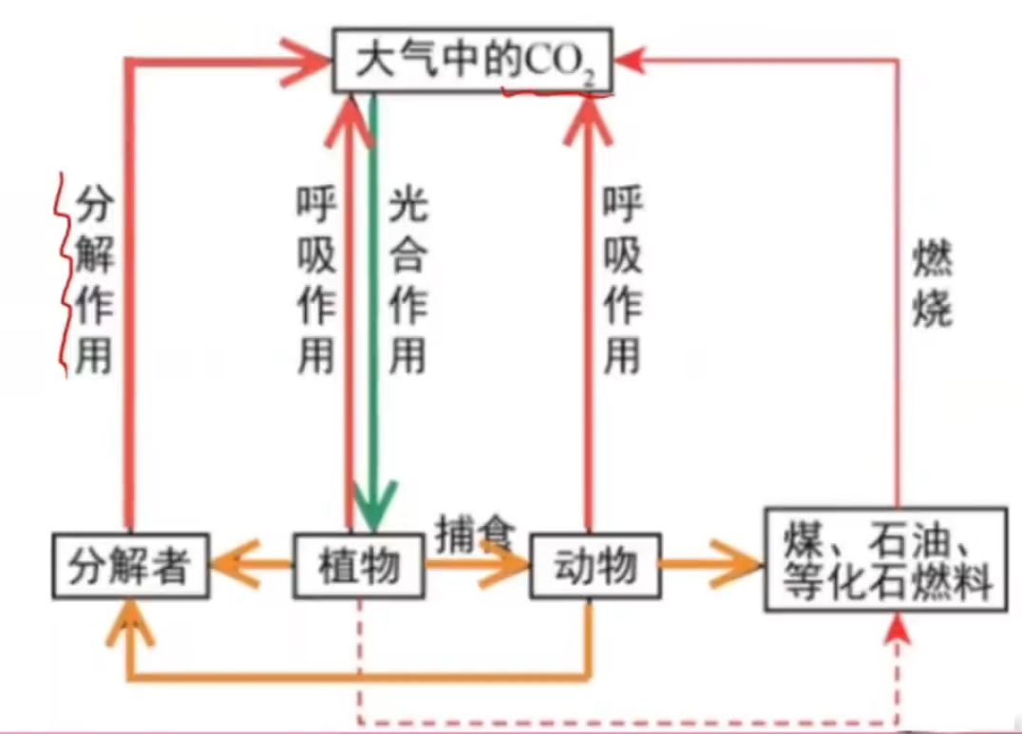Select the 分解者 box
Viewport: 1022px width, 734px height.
[x=130, y=567]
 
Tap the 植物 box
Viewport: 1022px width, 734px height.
[x=358, y=567]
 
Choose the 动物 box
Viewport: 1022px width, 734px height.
[x=594, y=567]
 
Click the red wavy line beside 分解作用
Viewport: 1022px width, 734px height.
[x=65, y=275]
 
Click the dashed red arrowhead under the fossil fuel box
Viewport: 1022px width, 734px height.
[x=896, y=628]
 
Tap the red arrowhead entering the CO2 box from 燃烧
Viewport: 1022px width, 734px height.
[x=631, y=62]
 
